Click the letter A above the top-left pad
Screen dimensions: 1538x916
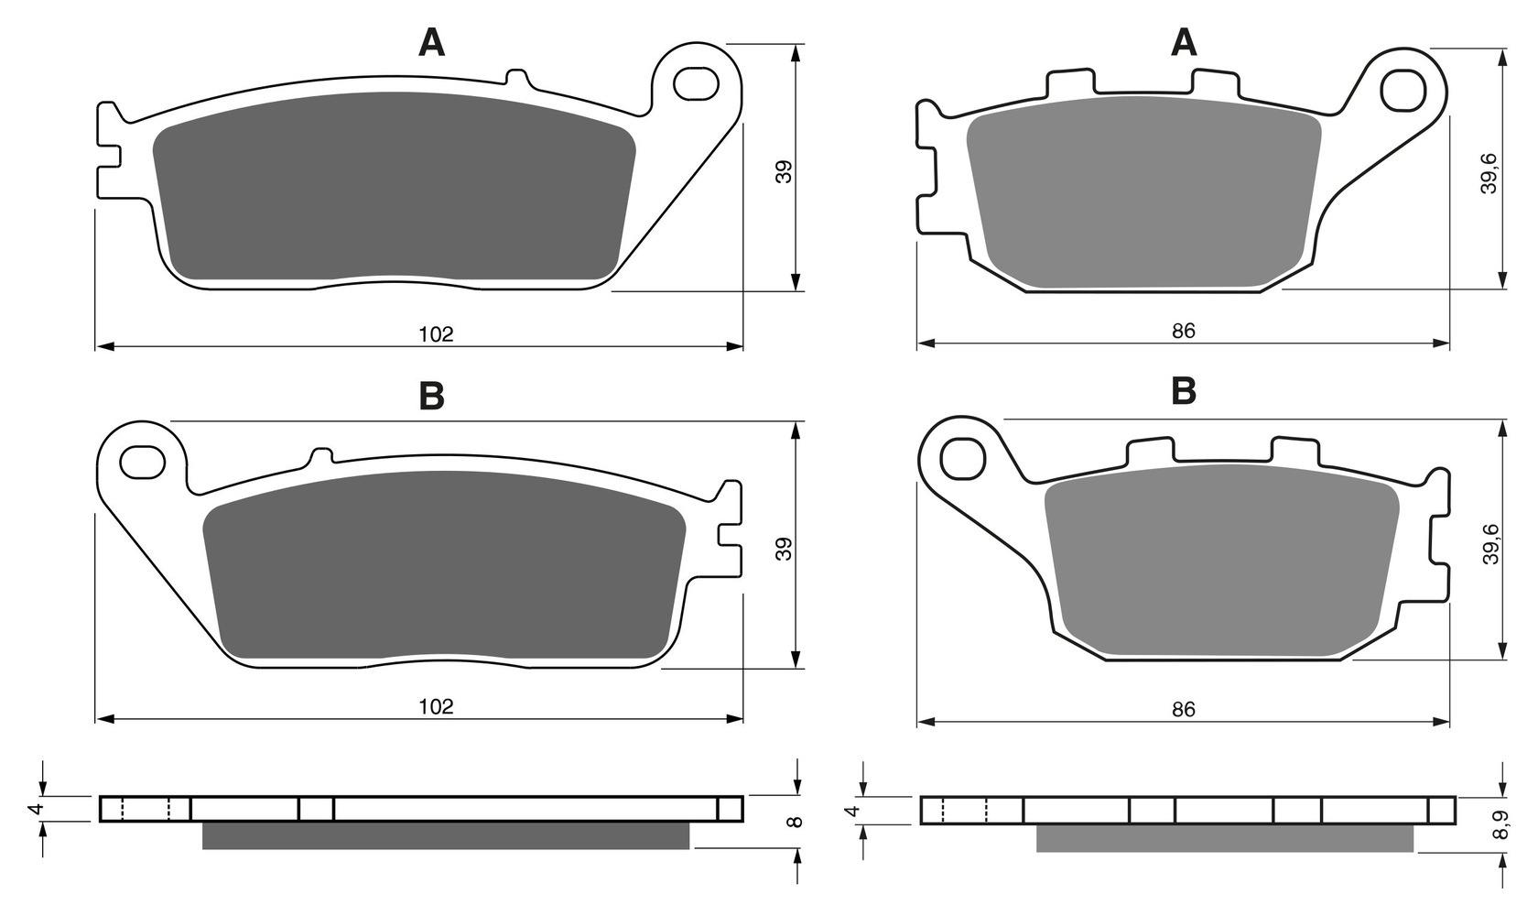(431, 43)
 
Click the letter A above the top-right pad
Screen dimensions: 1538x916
(1183, 43)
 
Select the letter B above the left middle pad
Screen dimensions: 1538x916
(432, 396)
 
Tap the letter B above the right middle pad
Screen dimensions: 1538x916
(1184, 390)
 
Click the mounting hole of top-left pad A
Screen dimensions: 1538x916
(696, 84)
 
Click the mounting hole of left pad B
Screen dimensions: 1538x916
(143, 462)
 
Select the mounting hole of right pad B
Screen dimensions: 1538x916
(963, 458)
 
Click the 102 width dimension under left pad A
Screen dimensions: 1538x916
(437, 334)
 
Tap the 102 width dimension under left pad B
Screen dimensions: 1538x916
(437, 706)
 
